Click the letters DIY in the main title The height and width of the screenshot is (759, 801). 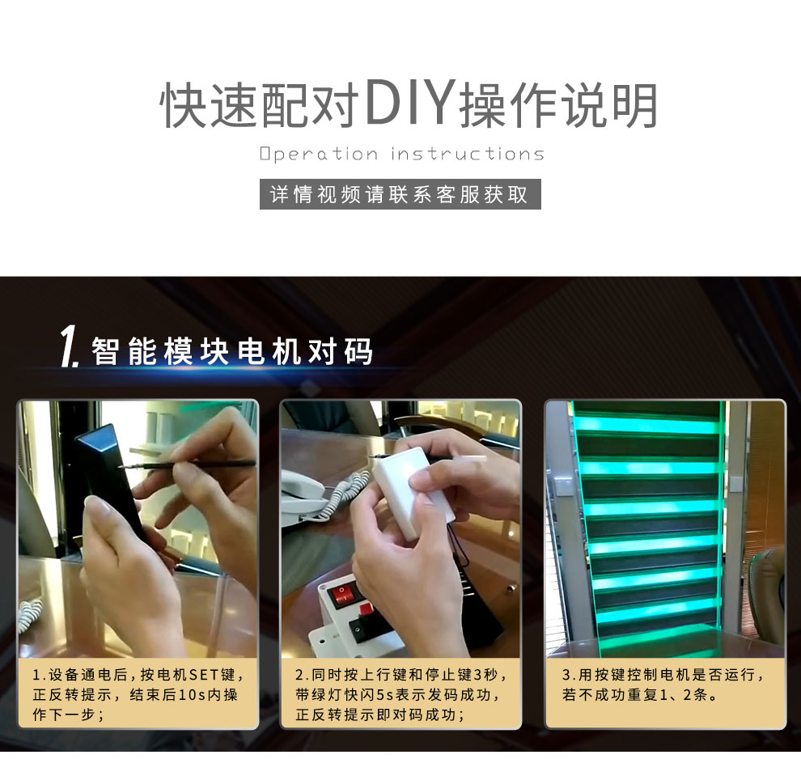click(409, 103)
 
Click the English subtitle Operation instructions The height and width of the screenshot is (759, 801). click(401, 154)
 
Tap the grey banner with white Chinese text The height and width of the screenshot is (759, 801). click(400, 194)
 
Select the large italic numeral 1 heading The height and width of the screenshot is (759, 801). click(69, 346)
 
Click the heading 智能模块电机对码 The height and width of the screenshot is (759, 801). click(232, 351)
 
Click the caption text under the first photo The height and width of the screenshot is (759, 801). click(138, 694)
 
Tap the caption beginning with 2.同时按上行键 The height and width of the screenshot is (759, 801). click(400, 694)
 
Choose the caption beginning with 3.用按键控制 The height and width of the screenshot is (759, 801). click(663, 685)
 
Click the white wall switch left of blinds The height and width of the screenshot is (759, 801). click(563, 486)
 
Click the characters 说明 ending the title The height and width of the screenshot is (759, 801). click(609, 104)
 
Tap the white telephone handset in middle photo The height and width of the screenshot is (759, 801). click(303, 491)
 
